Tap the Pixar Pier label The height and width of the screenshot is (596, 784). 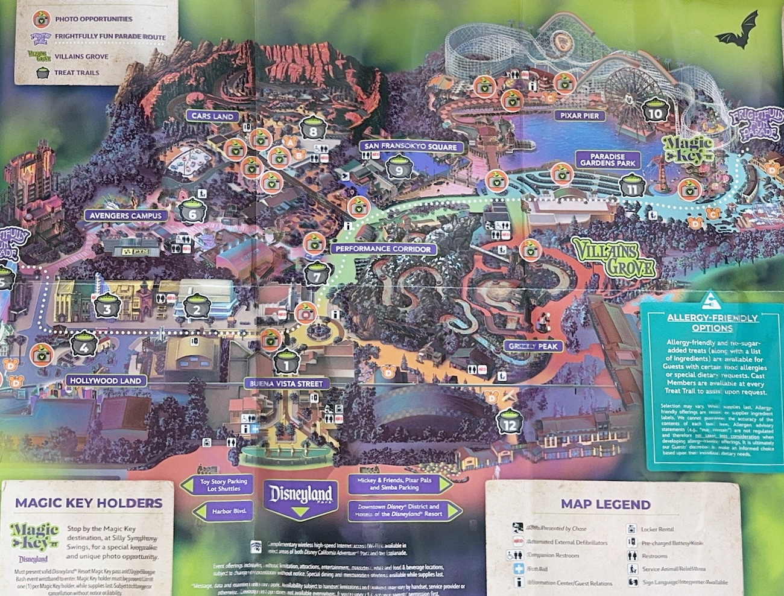click(x=578, y=115)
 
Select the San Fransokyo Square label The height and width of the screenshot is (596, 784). click(x=411, y=147)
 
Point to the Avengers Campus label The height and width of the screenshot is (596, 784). click(x=125, y=215)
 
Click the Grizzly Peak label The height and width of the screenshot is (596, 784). click(x=533, y=346)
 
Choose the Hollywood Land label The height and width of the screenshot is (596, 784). click(x=105, y=381)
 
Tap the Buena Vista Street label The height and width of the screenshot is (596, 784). click(x=287, y=383)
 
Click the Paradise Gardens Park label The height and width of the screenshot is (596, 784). click(x=607, y=160)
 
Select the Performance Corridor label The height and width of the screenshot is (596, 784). click(x=384, y=249)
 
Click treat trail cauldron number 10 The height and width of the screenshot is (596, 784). click(x=655, y=111)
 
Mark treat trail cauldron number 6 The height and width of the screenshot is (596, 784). click(x=194, y=212)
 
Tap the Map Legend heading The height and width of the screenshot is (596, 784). click(x=605, y=504)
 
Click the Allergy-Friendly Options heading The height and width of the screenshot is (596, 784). click(x=712, y=323)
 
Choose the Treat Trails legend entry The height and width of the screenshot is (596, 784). click(x=77, y=72)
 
